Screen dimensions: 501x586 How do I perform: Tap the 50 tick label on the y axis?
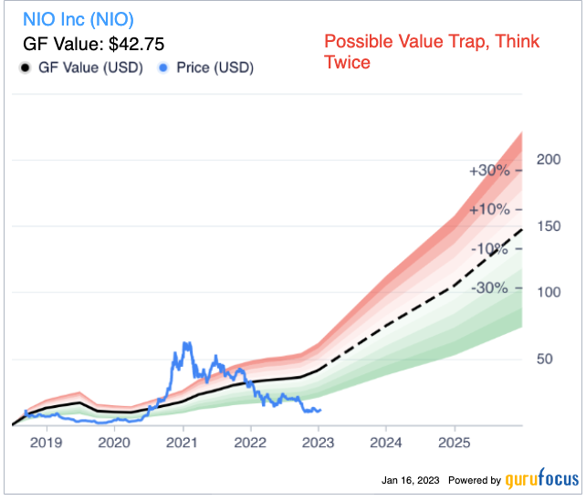pyautogui.click(x=547, y=359)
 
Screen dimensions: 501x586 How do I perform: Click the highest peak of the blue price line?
pyautogui.click(x=187, y=343)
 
